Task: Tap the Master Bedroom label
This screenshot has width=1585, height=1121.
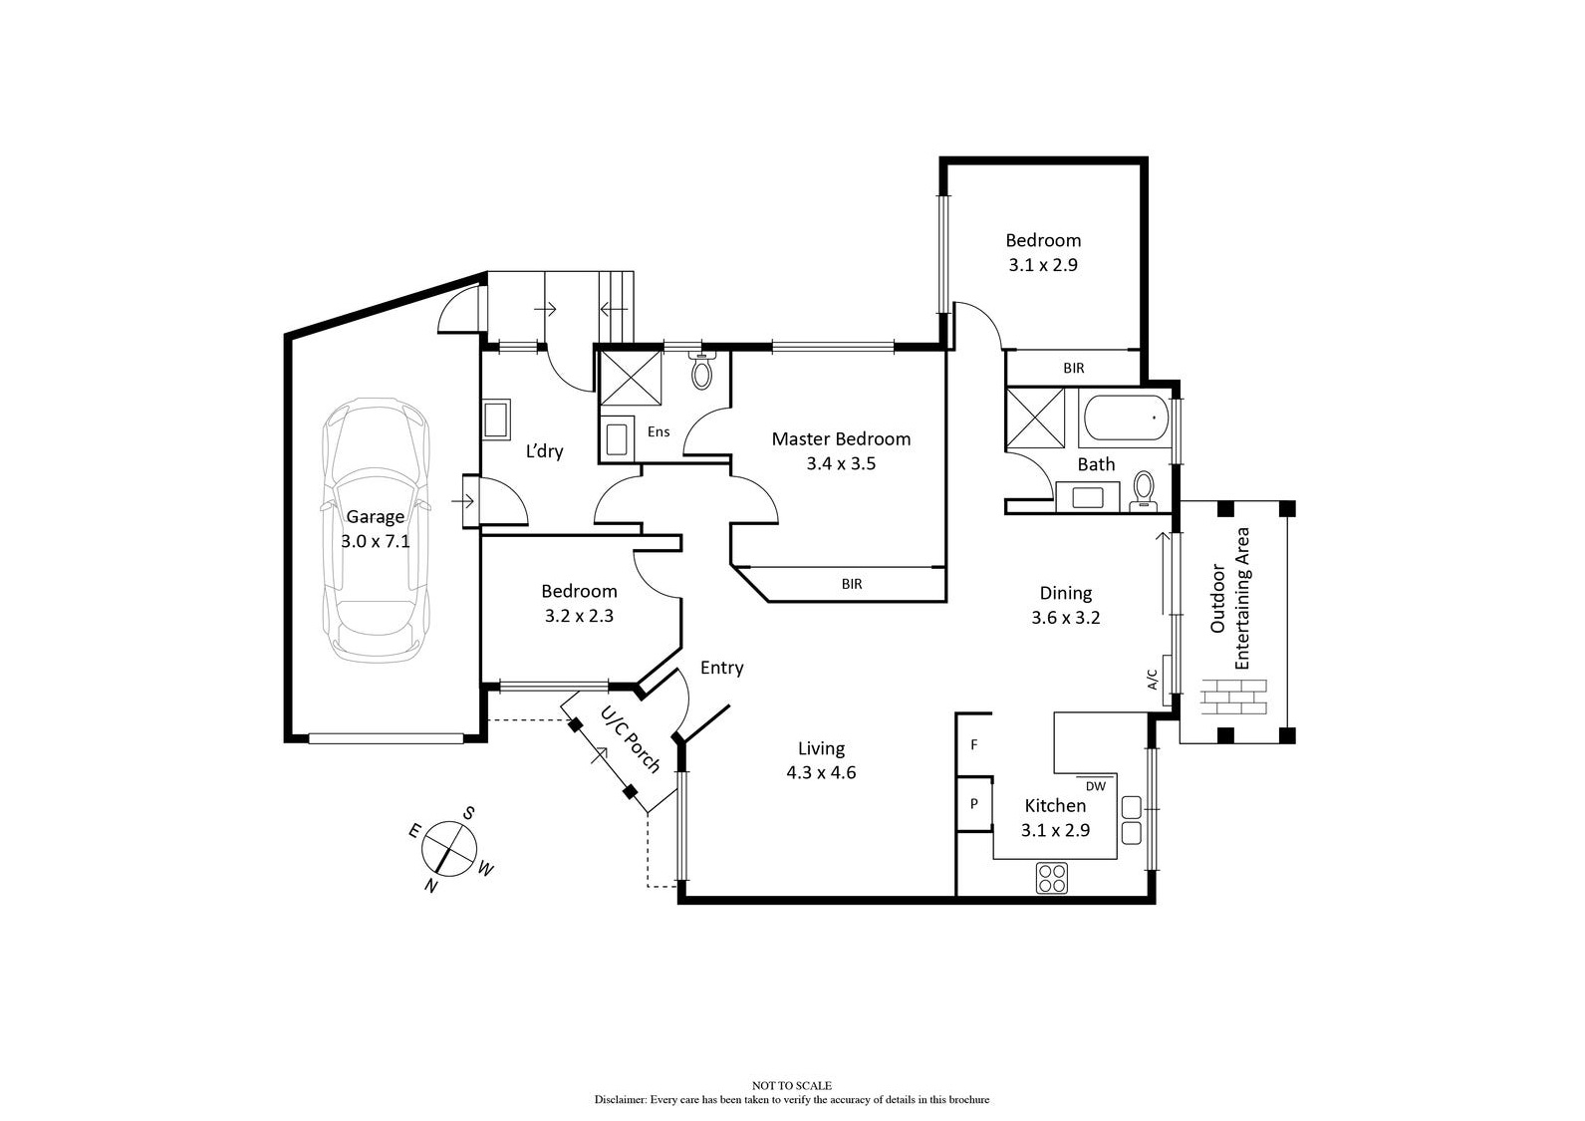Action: click(x=841, y=439)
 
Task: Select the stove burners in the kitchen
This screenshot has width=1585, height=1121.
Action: click(x=1051, y=879)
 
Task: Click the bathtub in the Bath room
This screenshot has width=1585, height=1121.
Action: click(x=1124, y=419)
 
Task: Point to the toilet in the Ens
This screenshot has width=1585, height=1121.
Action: click(x=702, y=373)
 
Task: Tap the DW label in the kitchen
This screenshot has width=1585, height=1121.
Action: click(x=1096, y=785)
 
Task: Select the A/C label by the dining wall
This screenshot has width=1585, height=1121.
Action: click(x=1153, y=680)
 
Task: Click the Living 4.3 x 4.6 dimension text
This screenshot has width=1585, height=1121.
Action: click(x=821, y=772)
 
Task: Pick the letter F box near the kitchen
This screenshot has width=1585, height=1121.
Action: click(x=973, y=744)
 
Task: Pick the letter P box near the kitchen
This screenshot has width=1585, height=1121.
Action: click(x=973, y=804)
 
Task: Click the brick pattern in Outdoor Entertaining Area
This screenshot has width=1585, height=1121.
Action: click(x=1233, y=696)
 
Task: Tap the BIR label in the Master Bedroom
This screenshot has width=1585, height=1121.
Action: click(x=851, y=585)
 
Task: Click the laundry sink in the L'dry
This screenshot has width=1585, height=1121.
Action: click(x=495, y=420)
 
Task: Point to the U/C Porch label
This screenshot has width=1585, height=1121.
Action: click(x=630, y=739)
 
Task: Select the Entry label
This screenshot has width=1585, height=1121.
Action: click(x=721, y=668)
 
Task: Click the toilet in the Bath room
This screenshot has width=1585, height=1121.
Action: click(x=1143, y=490)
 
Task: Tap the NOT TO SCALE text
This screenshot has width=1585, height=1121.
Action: click(x=791, y=1085)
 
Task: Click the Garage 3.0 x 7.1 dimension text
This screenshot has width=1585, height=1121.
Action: click(x=375, y=542)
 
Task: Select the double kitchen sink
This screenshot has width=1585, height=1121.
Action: click(x=1132, y=819)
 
